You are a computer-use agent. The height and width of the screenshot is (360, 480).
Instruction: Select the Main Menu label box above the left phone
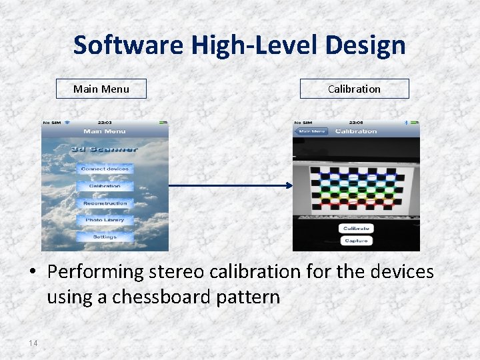(x=101, y=89)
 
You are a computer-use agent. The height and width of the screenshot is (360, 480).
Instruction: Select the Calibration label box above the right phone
(x=354, y=89)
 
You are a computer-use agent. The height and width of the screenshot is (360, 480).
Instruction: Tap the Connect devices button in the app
(x=105, y=169)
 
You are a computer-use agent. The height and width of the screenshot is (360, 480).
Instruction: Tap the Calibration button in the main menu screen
(x=105, y=186)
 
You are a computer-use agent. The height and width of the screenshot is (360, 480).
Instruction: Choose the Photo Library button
(x=105, y=219)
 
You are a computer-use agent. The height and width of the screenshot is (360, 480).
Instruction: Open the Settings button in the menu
(x=105, y=237)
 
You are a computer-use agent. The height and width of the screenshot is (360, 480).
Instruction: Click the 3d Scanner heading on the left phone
(x=105, y=149)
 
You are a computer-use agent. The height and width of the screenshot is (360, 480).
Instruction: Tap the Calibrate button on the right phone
(x=356, y=228)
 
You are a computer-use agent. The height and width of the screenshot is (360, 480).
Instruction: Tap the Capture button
(x=356, y=241)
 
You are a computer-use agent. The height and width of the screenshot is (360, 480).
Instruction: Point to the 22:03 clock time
(x=105, y=123)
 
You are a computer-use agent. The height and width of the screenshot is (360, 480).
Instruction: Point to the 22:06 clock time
(x=356, y=123)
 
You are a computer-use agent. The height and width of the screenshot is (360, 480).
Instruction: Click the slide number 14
(x=33, y=343)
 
